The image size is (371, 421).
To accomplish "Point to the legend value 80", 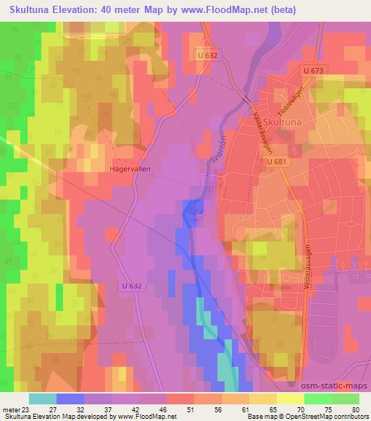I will point(355,409).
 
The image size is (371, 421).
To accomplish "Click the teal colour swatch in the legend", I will point(43,398).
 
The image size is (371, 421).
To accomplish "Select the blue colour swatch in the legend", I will point(71,398).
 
